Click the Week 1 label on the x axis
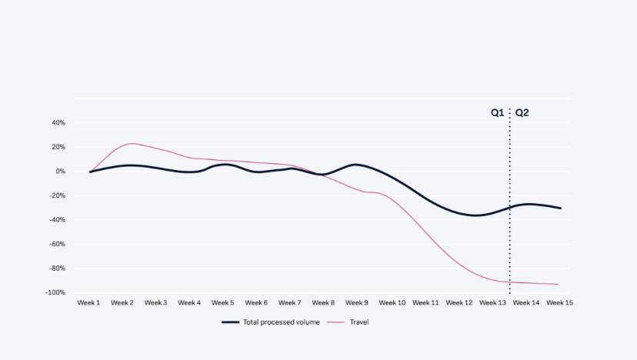(x=88, y=303)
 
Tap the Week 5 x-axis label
(x=222, y=303)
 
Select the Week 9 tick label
(x=357, y=303)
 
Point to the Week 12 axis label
(x=459, y=303)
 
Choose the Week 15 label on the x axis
(x=559, y=303)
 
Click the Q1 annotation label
(x=498, y=113)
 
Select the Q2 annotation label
(x=522, y=113)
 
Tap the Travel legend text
(x=359, y=322)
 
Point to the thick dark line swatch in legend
(x=231, y=322)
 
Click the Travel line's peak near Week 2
(x=131, y=144)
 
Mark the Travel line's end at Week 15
(x=559, y=285)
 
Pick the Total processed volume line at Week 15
(x=560, y=208)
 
